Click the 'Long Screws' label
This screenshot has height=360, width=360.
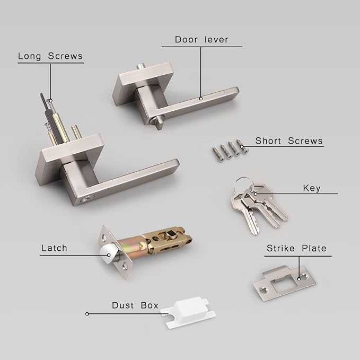50,55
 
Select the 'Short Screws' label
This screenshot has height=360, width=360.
288,141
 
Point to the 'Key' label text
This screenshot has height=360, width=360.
311,188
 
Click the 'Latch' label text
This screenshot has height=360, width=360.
54,248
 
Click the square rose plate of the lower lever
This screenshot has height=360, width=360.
69,159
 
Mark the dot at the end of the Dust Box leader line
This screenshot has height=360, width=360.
87,314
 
